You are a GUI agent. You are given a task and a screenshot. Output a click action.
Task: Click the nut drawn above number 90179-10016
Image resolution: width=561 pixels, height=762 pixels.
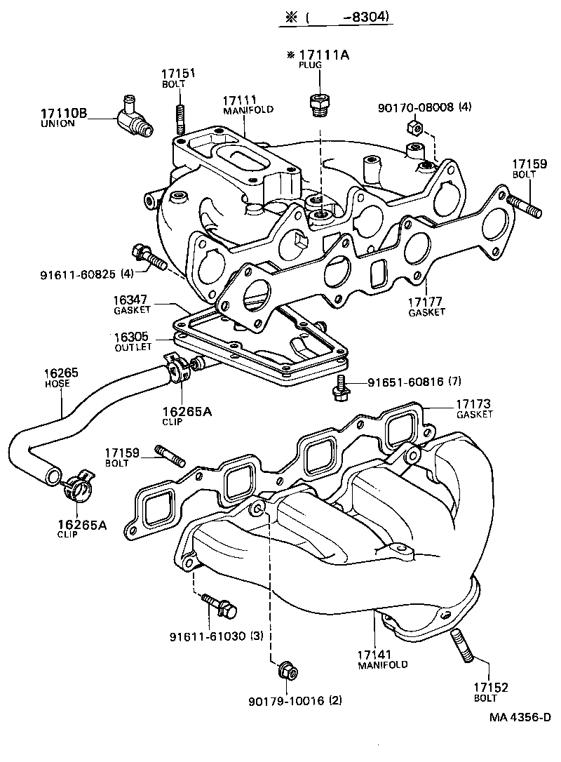click(286, 670)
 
